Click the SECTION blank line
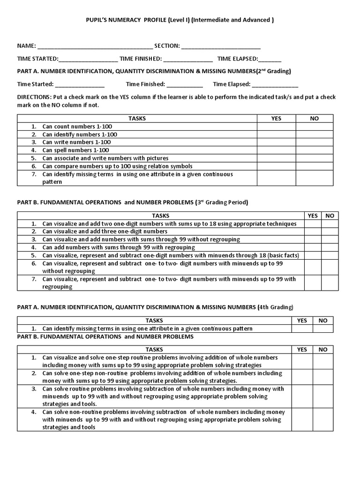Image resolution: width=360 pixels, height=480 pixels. [x=220, y=46]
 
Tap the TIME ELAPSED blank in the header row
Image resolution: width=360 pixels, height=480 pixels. [x=270, y=59]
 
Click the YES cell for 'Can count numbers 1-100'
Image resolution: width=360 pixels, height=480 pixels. [x=276, y=127]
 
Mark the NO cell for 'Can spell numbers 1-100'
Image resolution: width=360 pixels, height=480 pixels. [x=314, y=150]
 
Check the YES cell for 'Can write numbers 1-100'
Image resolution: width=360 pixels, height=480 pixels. [x=276, y=142]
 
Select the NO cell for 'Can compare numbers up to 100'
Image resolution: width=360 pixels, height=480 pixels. [x=314, y=166]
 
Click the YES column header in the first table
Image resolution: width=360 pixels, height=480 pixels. [x=276, y=119]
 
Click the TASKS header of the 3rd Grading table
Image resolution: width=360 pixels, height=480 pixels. [x=161, y=216]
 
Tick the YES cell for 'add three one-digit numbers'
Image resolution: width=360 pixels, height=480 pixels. [x=312, y=232]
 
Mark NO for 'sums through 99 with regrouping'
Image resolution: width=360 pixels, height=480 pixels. [x=330, y=247]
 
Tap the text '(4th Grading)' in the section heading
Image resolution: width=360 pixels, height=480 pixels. [x=275, y=307]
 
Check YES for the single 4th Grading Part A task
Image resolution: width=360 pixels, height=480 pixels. [x=302, y=329]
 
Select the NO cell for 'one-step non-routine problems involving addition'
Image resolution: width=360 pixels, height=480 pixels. [x=323, y=377]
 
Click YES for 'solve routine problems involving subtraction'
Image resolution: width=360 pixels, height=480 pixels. [x=302, y=397]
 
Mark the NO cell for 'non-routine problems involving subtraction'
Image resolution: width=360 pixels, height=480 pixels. [x=323, y=420]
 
